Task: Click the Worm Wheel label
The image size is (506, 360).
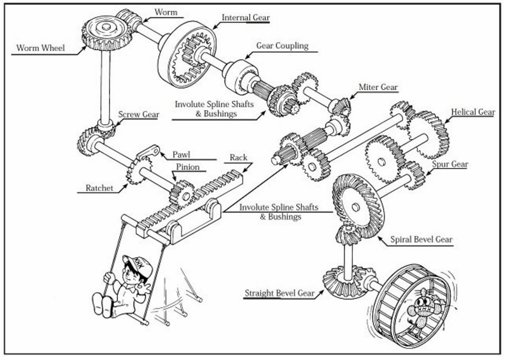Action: click(41, 48)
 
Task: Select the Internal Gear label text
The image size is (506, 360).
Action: click(245, 18)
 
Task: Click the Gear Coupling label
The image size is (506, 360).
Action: click(282, 46)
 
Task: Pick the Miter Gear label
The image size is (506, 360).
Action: click(378, 87)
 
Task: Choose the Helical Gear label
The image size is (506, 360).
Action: click(473, 112)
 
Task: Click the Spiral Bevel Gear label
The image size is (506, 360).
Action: click(422, 240)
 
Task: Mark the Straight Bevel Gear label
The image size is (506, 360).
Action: click(280, 293)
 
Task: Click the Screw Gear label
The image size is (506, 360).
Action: click(138, 114)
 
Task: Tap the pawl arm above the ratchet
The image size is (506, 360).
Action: click(148, 153)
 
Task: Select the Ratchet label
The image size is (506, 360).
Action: click(99, 188)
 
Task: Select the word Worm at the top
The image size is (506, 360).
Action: click(166, 12)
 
